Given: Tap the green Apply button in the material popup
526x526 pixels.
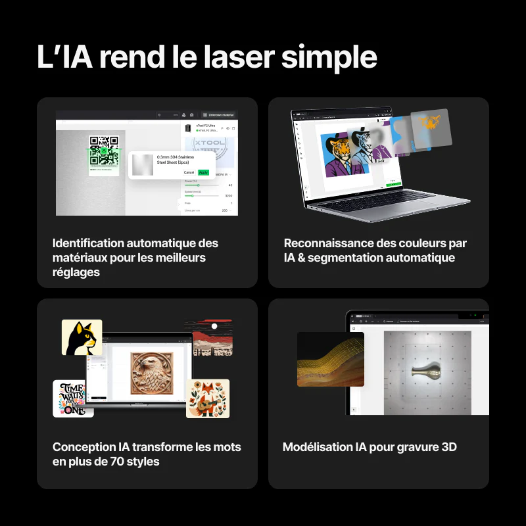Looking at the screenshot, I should [x=203, y=172].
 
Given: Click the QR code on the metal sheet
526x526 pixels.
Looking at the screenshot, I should [x=104, y=149].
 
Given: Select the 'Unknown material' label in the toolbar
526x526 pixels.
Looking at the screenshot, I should [x=220, y=115].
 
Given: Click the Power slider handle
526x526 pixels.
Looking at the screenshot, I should [x=198, y=185].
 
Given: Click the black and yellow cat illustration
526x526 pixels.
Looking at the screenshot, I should [x=82, y=337].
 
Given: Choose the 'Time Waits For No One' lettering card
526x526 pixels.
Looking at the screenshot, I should [x=73, y=398].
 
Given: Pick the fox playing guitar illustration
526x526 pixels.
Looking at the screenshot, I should [x=208, y=398].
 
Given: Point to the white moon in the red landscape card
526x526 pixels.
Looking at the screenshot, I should [x=214, y=325].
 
